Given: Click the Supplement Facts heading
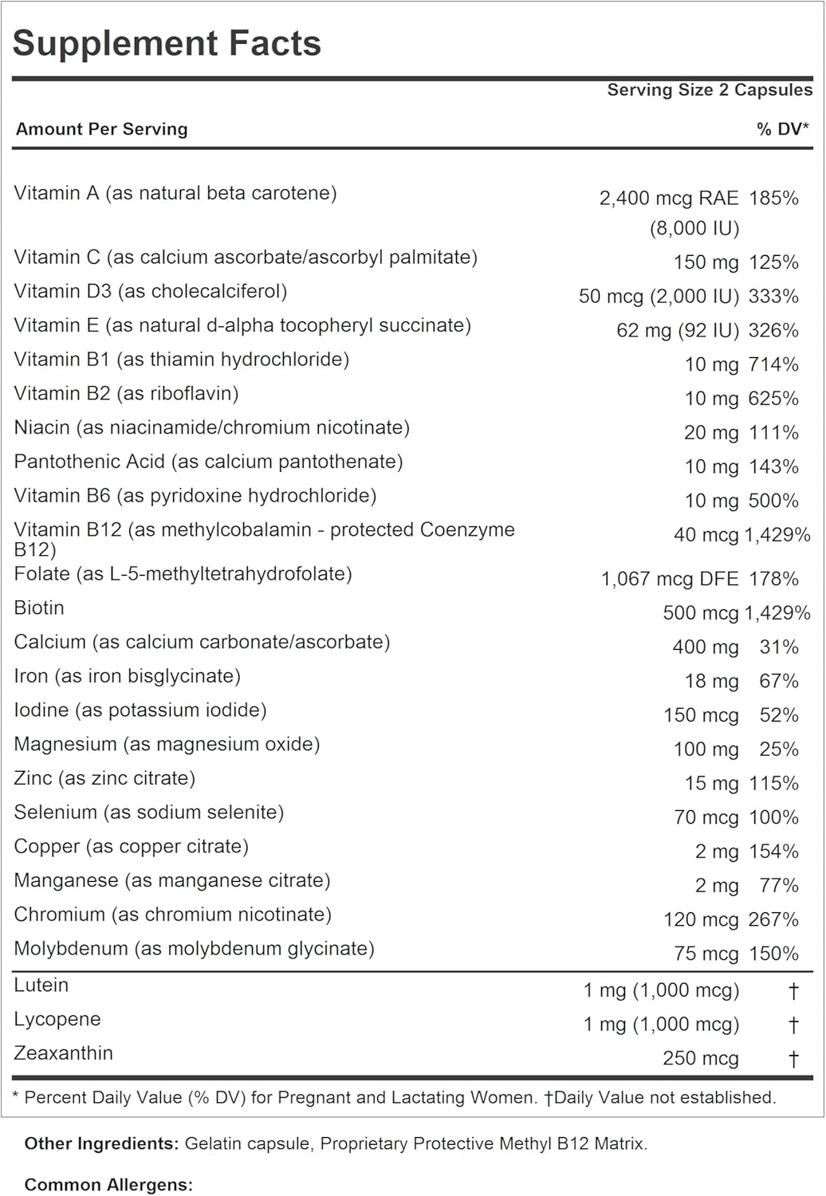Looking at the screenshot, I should click(x=167, y=44).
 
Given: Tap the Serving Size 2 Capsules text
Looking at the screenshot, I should click(x=710, y=90).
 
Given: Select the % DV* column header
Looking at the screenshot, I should click(x=782, y=129).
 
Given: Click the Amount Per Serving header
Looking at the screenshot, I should click(x=102, y=129).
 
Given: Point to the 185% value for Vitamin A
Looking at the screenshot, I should click(x=773, y=199).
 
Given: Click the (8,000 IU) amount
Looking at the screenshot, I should click(x=694, y=229).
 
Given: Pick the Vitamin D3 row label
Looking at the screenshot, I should click(x=151, y=292).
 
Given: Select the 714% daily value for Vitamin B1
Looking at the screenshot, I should click(x=773, y=365).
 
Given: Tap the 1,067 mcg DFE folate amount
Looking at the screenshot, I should click(x=670, y=579).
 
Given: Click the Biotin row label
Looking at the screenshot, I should click(x=39, y=608).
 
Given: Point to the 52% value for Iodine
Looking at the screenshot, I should click(x=779, y=715).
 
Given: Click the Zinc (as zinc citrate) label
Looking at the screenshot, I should click(x=104, y=779).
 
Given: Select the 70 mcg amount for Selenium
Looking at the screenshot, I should click(x=706, y=818).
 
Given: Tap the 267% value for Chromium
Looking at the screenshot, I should click(x=773, y=920).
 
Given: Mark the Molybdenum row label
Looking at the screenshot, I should click(x=194, y=949).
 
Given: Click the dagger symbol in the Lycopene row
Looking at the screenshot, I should click(x=793, y=1025).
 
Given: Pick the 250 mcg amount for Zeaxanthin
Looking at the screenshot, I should click(x=701, y=1059).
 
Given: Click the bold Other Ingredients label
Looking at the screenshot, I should click(x=101, y=1144).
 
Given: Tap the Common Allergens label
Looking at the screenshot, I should click(x=108, y=1185).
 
